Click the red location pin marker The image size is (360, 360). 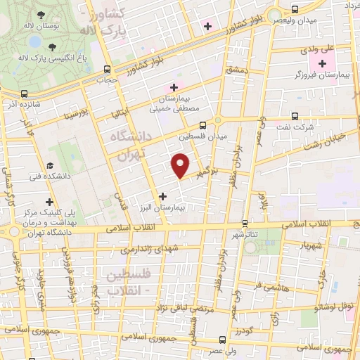click(181, 165)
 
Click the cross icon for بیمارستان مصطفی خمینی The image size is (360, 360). click(173, 87)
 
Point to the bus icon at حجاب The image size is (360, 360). click(107, 70)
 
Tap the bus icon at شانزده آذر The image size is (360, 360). click(25, 94)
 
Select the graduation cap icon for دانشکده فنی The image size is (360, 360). click(50, 166)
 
